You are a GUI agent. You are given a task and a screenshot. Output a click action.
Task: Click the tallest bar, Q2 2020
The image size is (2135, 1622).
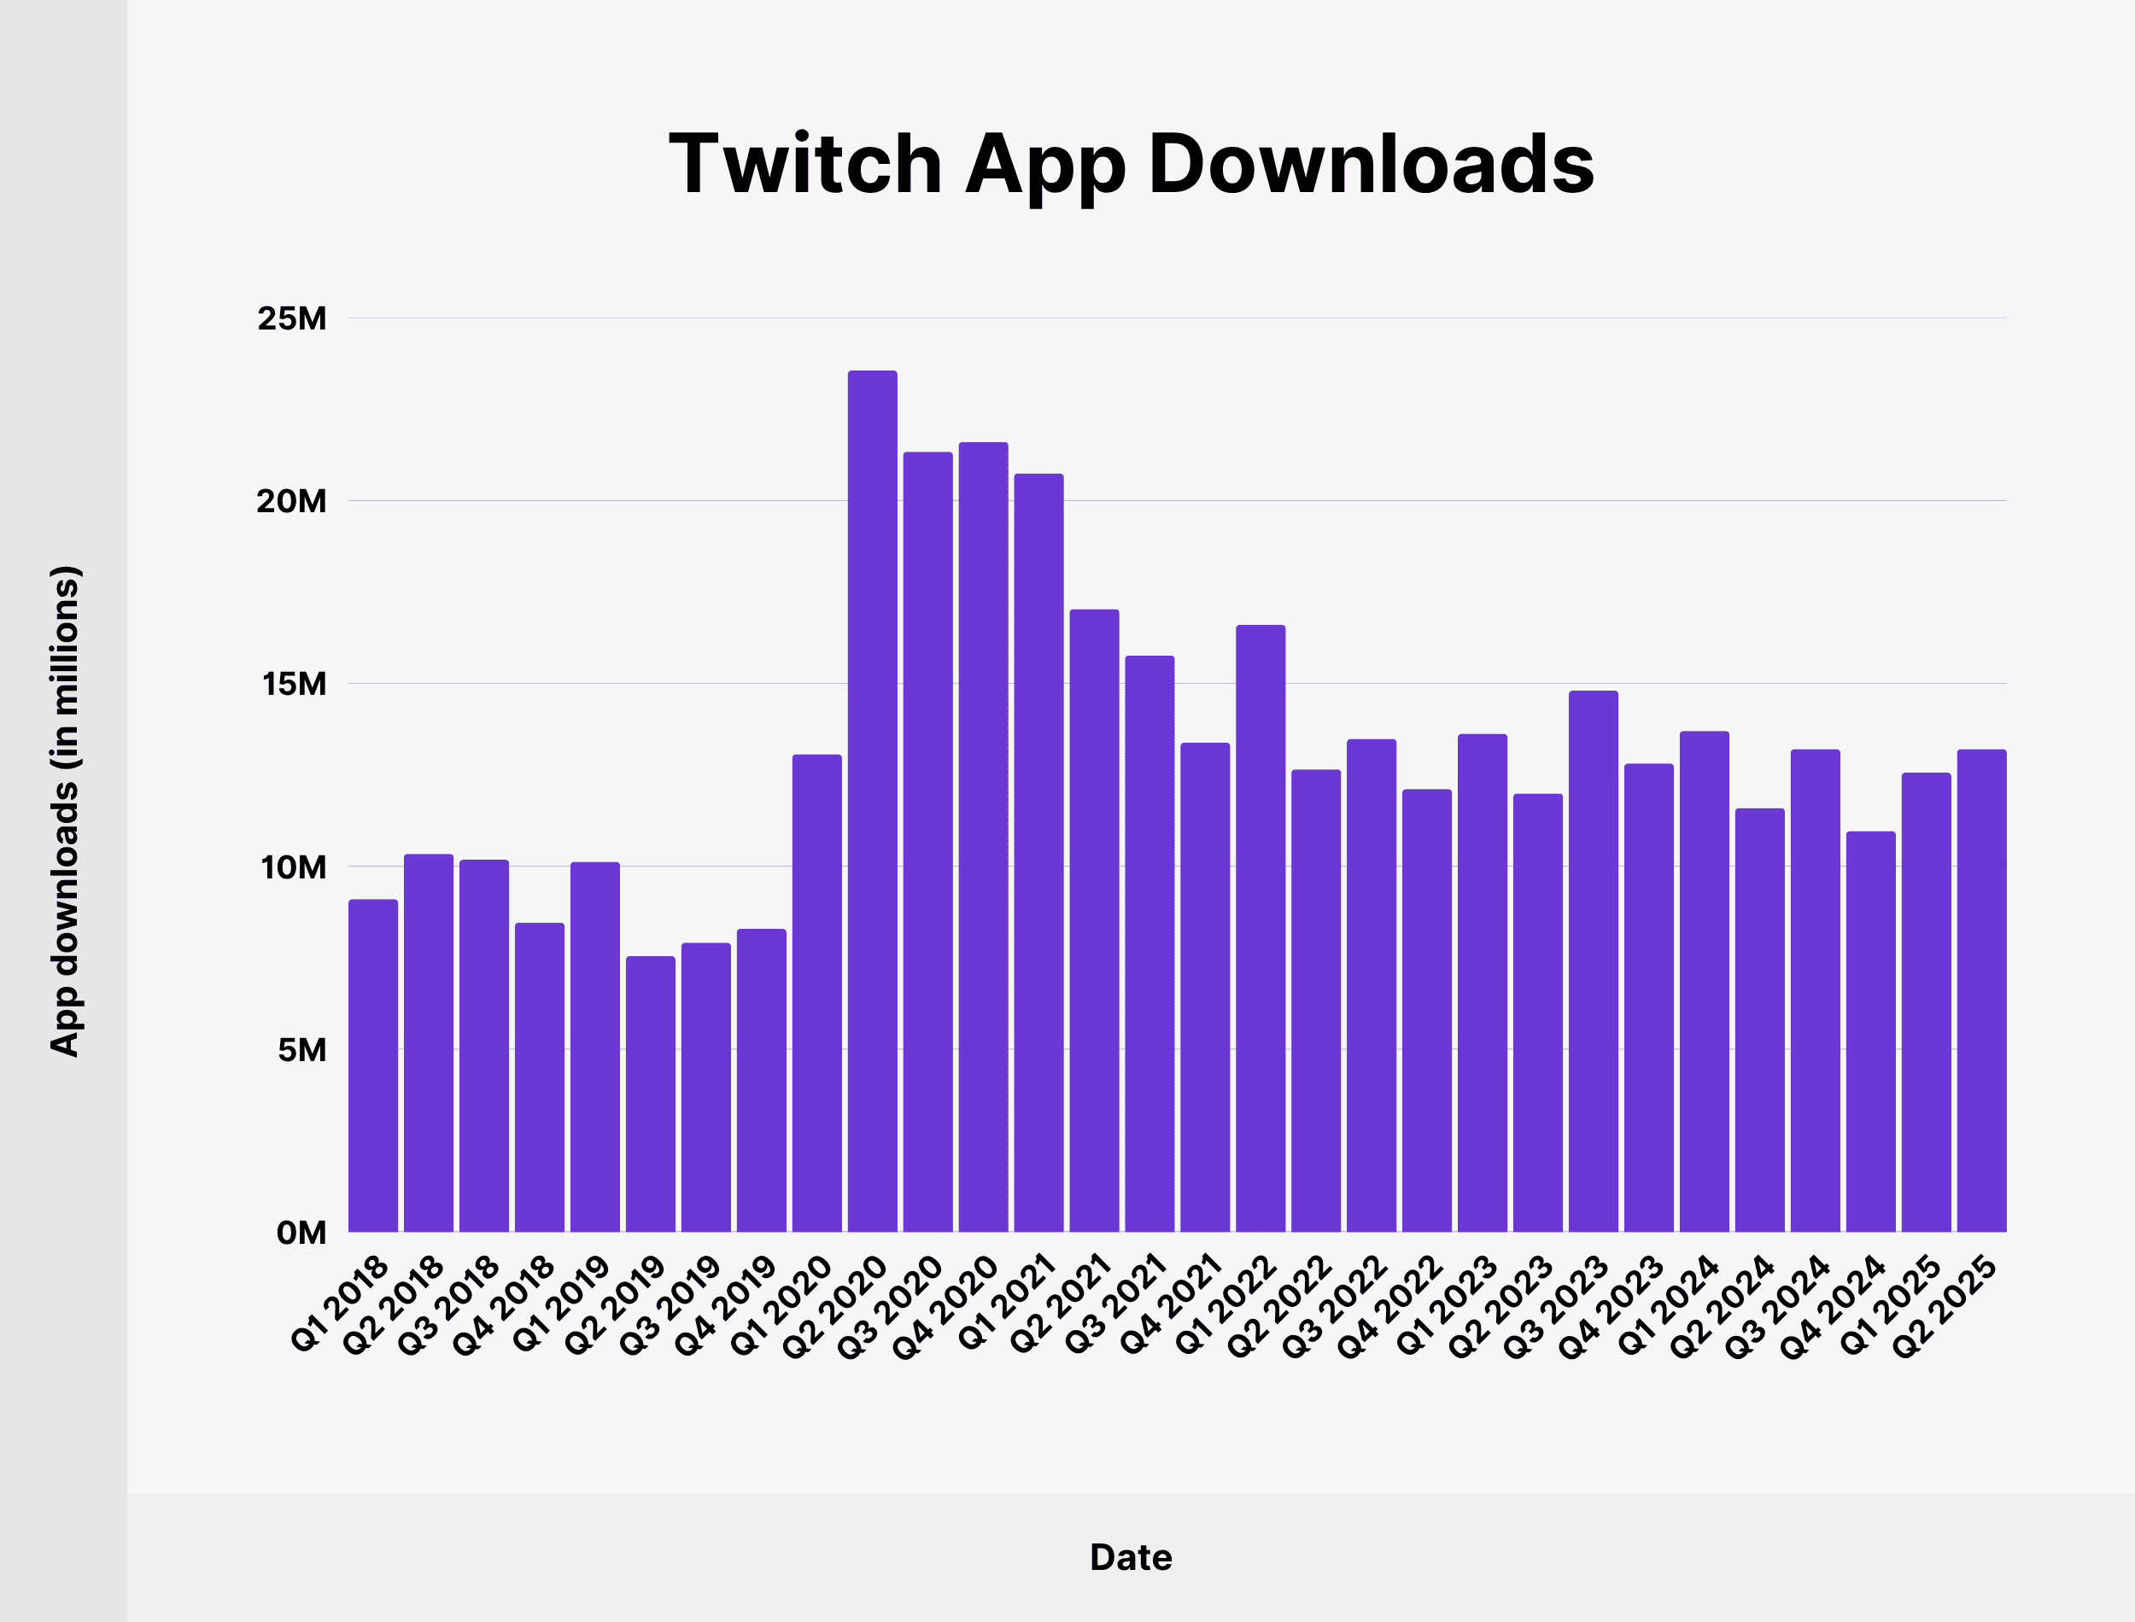coord(872,802)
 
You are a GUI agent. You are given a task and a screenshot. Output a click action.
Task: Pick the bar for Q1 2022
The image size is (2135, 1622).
coord(1261,928)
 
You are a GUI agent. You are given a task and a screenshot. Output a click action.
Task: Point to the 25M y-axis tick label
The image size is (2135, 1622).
coord(291,318)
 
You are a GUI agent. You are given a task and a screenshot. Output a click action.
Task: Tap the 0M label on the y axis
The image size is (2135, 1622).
coord(301,1233)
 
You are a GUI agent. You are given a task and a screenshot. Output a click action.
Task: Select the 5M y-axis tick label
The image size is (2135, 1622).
coord(301,1050)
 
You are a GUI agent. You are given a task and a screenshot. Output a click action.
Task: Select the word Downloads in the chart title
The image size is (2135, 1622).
coord(1372,164)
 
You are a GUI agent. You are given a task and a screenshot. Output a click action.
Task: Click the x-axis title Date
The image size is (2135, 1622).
coord(1131,1557)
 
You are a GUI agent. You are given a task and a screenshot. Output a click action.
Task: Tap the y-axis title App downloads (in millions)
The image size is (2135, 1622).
coord(65,811)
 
